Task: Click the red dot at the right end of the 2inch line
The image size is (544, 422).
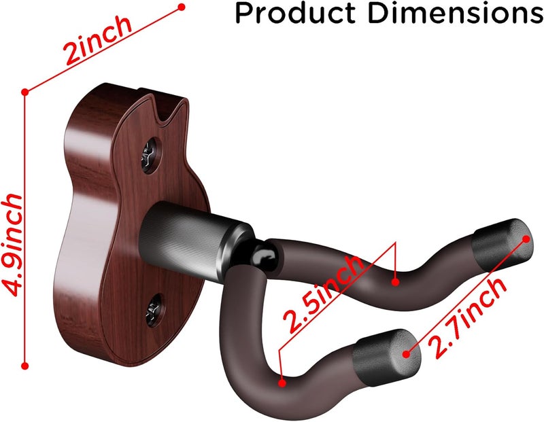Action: point(182,7)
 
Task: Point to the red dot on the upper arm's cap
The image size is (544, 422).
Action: point(526,239)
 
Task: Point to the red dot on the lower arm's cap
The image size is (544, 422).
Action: point(407,354)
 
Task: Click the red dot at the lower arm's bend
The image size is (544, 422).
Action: point(282,383)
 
